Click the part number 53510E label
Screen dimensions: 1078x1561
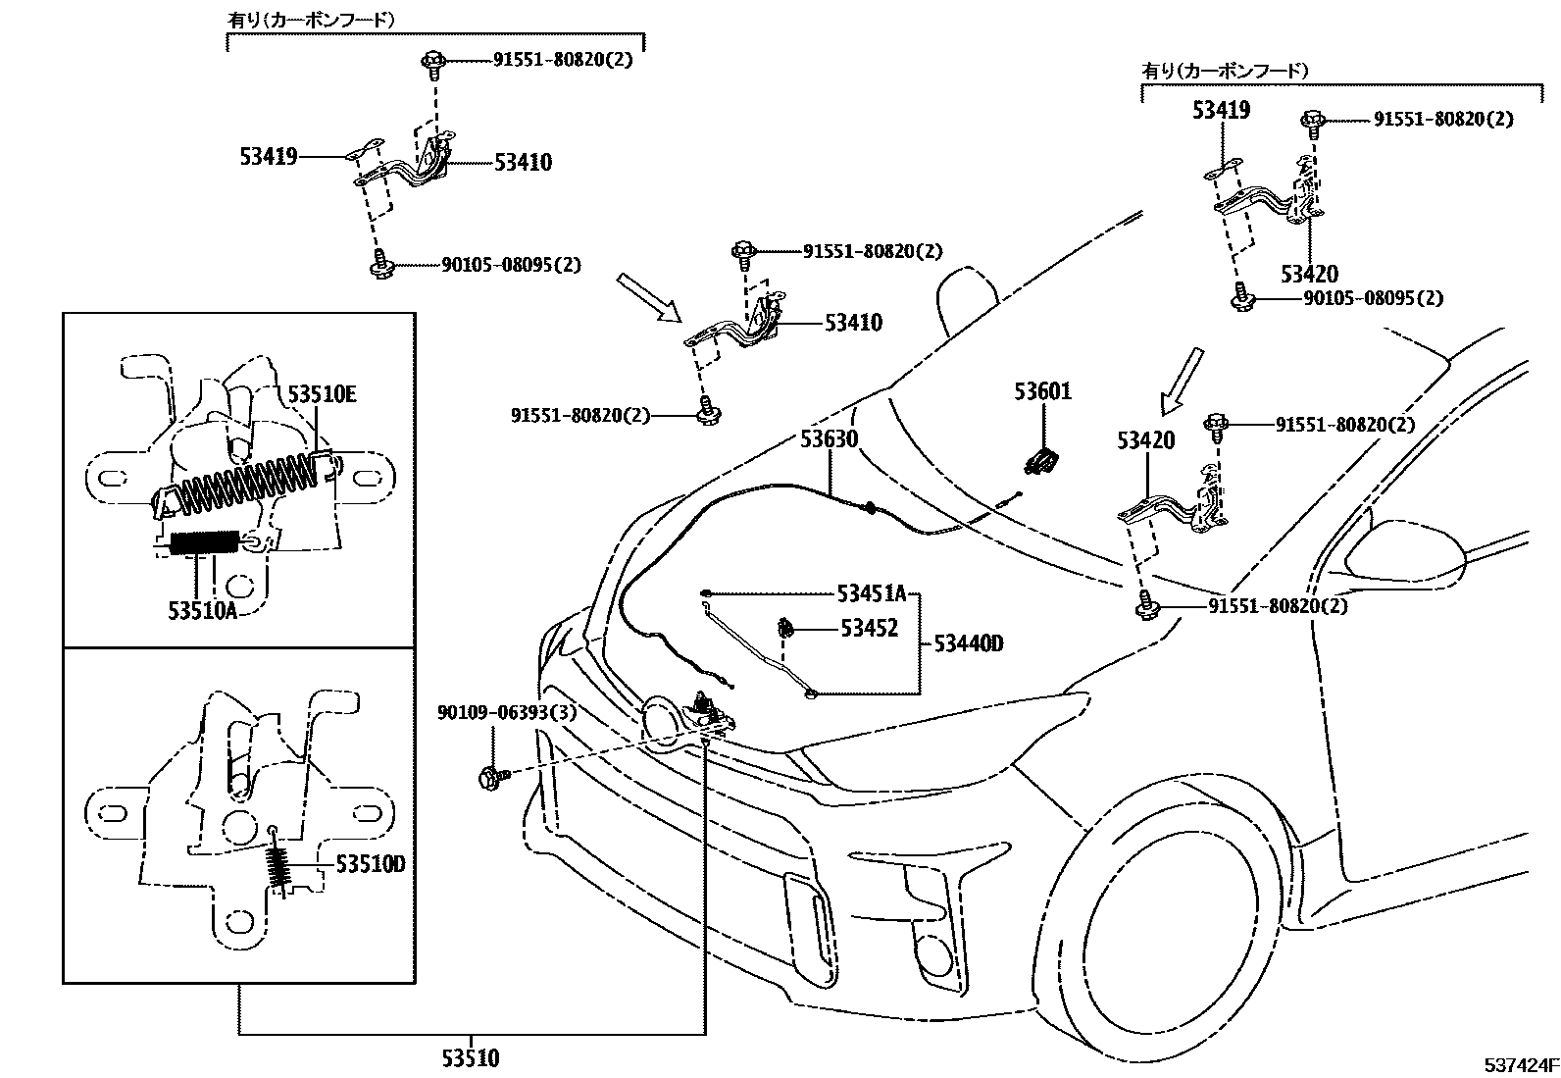[321, 394]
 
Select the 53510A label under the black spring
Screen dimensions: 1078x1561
[202, 610]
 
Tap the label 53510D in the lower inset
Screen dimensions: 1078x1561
[370, 864]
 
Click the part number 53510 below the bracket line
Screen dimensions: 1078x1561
[470, 1059]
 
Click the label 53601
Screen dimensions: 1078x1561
[1042, 392]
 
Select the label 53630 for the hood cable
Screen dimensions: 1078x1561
[829, 438]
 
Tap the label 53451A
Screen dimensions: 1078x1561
[871, 593]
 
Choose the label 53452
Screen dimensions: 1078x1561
[869, 629]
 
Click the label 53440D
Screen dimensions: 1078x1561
[968, 643]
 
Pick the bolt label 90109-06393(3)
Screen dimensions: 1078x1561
[507, 713]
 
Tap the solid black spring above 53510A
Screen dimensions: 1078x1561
[204, 542]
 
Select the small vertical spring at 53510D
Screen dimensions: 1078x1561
[279, 867]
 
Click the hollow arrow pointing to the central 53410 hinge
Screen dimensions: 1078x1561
[648, 297]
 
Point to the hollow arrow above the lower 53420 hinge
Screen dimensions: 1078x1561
[1181, 381]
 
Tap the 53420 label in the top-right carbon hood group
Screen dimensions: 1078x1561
[1309, 274]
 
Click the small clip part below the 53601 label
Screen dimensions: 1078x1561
[1043, 459]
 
